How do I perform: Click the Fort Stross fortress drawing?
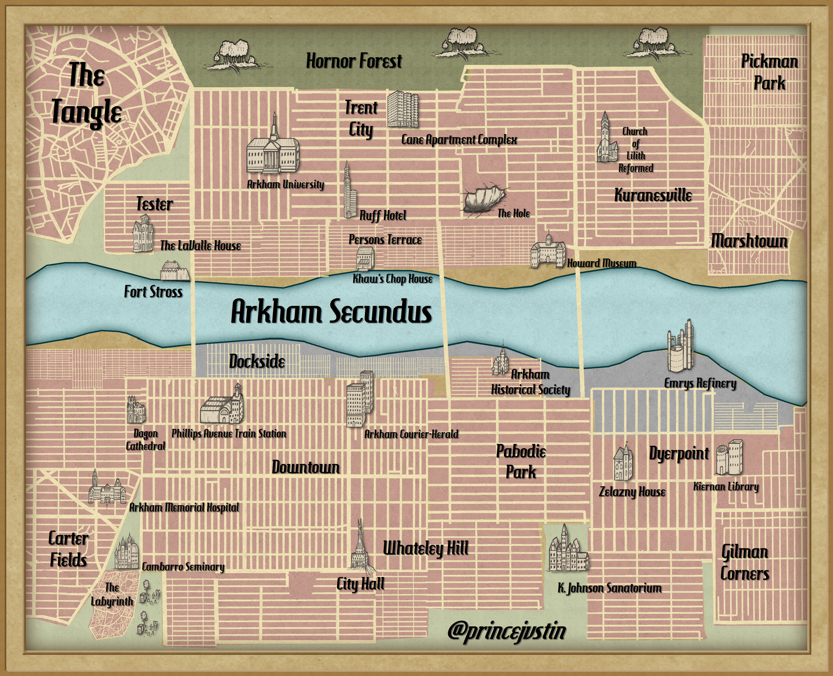coord(175,271)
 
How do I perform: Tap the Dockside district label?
coord(257,361)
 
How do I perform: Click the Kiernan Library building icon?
coord(729,458)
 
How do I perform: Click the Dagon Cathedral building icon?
coord(136,410)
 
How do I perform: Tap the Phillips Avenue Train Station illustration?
coord(223,407)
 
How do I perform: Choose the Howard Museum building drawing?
coord(548,251)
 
